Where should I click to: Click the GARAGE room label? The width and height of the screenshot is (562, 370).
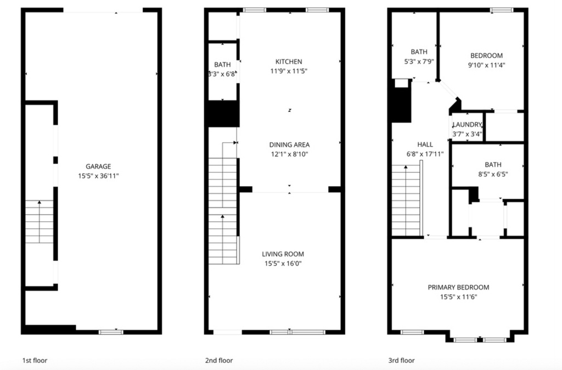(98, 166)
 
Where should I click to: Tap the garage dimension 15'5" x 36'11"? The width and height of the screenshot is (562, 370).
(98, 176)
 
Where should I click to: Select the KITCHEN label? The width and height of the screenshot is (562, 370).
(289, 61)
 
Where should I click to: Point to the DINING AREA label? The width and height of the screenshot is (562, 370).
(289, 145)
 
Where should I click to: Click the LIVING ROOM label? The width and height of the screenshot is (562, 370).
(283, 254)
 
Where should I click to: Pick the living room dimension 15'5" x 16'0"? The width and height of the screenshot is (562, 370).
(283, 264)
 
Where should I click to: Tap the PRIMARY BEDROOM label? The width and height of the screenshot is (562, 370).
(458, 287)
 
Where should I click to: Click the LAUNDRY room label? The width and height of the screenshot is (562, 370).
(467, 125)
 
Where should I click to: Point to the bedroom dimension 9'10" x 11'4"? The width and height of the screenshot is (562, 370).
(486, 65)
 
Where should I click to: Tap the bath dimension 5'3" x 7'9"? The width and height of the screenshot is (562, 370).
(419, 61)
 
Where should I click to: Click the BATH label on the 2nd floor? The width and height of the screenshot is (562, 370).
(222, 65)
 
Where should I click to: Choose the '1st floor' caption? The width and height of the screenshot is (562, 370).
(35, 361)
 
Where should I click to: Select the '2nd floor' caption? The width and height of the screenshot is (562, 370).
(218, 361)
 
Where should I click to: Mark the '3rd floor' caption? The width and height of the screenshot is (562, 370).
(402, 361)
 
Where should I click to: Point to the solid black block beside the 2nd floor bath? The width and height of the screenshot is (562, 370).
(222, 114)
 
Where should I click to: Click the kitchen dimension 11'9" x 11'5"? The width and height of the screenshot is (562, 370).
(289, 71)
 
